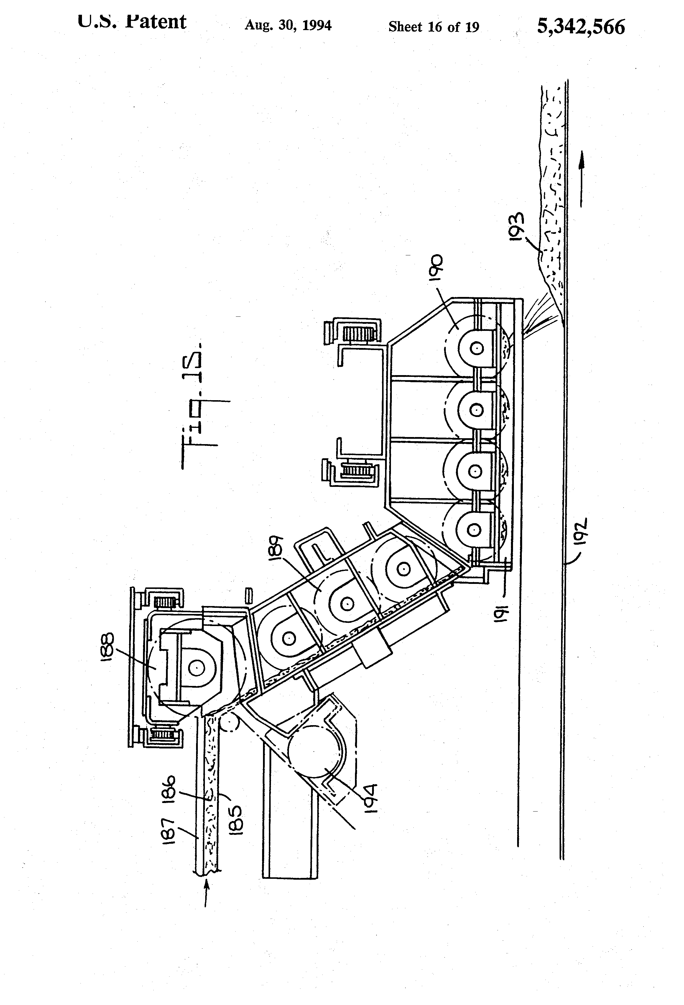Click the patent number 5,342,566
pos(581,27)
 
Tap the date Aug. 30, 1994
pos(288,26)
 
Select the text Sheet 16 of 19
pos(434,27)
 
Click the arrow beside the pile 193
pos(582,178)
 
